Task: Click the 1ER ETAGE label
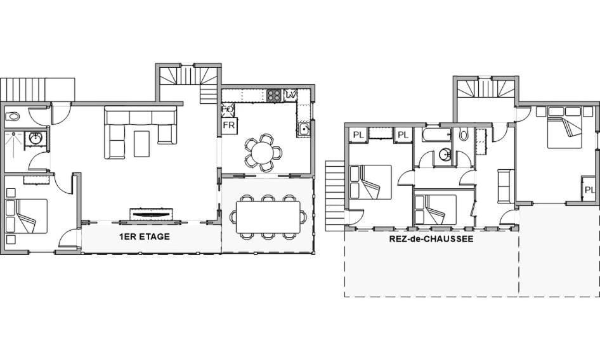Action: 144,236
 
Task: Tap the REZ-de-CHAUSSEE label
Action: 431,239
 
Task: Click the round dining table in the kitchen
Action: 262,152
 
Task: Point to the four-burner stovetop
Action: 274,95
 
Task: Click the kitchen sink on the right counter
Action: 304,130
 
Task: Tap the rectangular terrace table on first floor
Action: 268,217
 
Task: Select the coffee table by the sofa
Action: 141,143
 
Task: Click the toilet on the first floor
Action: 13,116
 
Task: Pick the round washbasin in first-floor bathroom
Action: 36,139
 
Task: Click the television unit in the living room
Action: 151,214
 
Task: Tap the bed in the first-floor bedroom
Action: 27,216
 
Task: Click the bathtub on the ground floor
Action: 436,134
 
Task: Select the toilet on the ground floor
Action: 464,134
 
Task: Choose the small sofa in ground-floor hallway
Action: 506,186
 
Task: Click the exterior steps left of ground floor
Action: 335,195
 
